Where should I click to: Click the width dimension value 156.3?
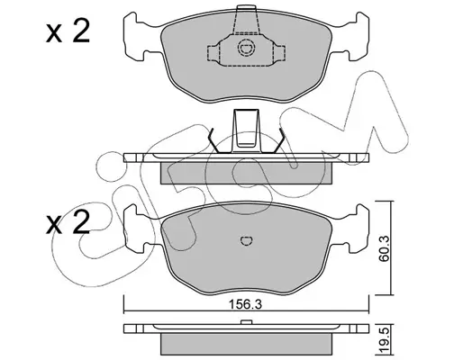pyautogui.click(x=246, y=305)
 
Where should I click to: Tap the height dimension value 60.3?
pyautogui.click(x=384, y=248)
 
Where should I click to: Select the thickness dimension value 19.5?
pyautogui.click(x=386, y=337)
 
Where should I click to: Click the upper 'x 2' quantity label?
pyautogui.click(x=68, y=31)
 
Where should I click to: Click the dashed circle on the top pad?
pyautogui.click(x=247, y=48)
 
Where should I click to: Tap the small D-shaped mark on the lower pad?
pyautogui.click(x=247, y=240)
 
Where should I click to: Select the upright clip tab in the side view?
pyautogui.click(x=246, y=130)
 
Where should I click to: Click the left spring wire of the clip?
pyautogui.click(x=214, y=140)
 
